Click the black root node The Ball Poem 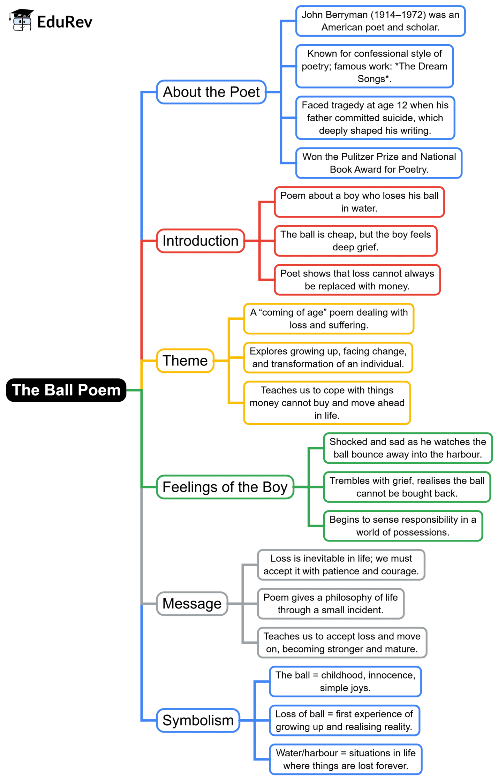(66, 390)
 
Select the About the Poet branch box (211, 92)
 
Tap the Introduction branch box (201, 241)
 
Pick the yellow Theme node (185, 361)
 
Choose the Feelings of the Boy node (225, 487)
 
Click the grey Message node (192, 604)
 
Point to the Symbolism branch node (198, 720)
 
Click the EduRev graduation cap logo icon (22, 20)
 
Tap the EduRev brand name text (65, 22)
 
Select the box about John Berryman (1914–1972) (380, 21)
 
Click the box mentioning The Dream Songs (374, 66)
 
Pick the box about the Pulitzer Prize (379, 163)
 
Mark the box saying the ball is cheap (355, 241)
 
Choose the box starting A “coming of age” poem (329, 319)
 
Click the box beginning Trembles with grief (407, 487)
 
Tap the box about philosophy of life (330, 604)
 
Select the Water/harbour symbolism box (345, 759)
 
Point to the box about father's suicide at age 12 (375, 118)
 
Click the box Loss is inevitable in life (341, 565)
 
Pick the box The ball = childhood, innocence (345, 681)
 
